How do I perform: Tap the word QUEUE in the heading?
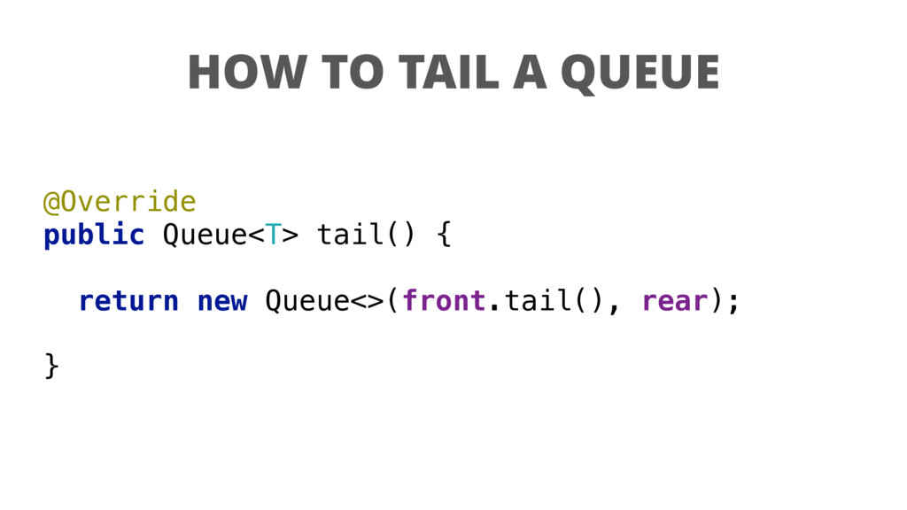(640, 73)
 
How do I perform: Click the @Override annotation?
(120, 202)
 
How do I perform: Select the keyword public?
(94, 236)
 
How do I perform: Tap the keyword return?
(128, 302)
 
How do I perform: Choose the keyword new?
(221, 302)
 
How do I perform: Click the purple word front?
(444, 302)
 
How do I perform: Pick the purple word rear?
(674, 302)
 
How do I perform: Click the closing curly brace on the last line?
(51, 365)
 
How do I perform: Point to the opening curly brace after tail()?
(444, 236)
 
